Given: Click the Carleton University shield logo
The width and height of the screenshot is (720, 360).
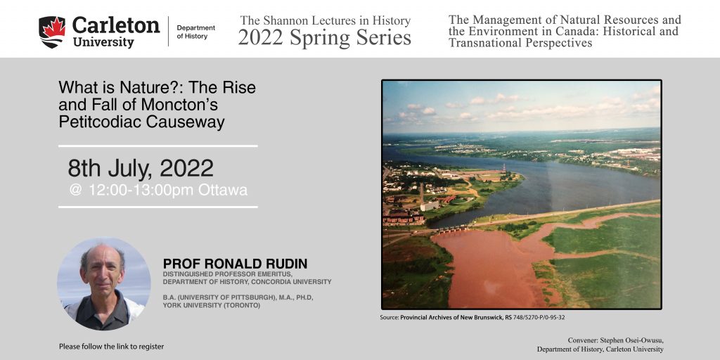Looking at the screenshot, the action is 52,32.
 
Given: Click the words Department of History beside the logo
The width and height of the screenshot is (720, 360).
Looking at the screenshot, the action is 195,32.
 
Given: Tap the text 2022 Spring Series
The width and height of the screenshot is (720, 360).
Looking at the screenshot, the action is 324,38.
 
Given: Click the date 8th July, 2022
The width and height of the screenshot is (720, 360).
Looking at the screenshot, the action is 141,169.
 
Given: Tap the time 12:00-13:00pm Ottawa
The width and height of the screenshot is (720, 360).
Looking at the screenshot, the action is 159,190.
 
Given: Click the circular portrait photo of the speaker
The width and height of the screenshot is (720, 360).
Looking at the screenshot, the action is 104,284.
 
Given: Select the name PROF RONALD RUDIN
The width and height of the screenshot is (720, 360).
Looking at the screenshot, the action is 235,264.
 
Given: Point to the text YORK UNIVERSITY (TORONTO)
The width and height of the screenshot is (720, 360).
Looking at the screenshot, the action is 211,305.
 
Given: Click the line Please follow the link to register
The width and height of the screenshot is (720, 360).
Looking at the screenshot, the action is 111,347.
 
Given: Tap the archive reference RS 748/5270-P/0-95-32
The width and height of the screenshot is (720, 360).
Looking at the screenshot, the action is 538,317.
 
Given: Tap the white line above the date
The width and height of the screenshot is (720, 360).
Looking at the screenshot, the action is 158,146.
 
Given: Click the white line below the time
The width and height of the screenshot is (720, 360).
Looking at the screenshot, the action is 158,207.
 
